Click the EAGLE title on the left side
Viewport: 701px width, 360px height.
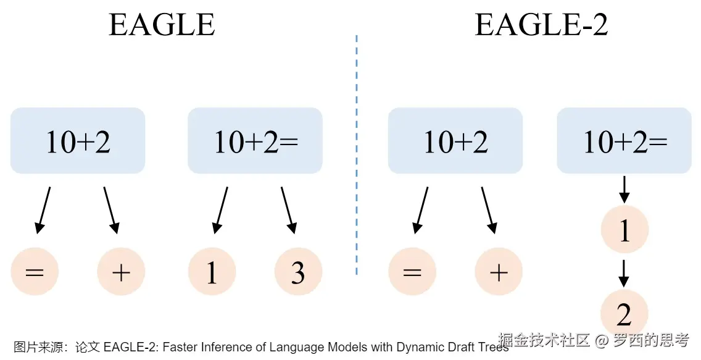coord(162,25)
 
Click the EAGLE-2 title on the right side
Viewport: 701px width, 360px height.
coord(541,25)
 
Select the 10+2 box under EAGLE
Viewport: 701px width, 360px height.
coord(78,141)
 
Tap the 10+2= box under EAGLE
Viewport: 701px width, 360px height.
coord(255,141)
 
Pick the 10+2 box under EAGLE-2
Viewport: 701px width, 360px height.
coord(455,141)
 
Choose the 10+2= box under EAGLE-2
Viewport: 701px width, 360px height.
coord(624,141)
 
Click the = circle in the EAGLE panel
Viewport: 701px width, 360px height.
coord(35,272)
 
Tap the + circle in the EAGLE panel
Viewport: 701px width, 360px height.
coord(121,272)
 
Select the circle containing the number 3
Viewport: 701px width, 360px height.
coord(298,272)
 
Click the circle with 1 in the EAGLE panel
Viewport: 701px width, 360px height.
coord(212,272)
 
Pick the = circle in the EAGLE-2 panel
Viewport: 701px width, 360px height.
coord(412,272)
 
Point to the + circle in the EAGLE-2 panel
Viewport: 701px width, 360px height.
coord(499,272)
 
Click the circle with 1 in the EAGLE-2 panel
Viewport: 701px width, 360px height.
coord(624,230)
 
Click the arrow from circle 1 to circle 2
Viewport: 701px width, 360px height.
coord(624,272)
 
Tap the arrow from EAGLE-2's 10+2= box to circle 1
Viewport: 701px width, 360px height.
coord(624,189)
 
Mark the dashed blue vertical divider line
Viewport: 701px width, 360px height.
coord(357,154)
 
